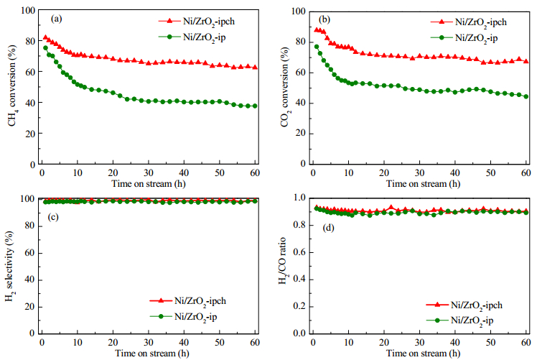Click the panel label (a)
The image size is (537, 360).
tap(57, 19)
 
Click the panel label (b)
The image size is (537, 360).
tap(324, 19)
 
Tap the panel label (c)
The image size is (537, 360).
tap(52, 217)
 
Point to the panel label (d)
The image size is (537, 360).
tap(328, 228)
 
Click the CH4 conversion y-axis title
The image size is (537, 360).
tap(13, 86)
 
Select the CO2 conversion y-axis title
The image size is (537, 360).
tap(285, 87)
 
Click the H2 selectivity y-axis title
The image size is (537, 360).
tap(10, 266)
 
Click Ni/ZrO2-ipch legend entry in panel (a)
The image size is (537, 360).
tap(197, 22)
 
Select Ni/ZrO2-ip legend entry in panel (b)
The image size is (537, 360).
tap(464, 38)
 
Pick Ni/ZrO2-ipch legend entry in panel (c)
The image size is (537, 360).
tap(187, 301)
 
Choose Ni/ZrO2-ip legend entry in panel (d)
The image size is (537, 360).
tap(459, 320)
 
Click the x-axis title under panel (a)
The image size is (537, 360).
tap(149, 184)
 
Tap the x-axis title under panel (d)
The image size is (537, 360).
tap(424, 353)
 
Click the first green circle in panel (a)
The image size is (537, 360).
tap(45, 48)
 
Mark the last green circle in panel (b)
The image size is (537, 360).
tap(526, 96)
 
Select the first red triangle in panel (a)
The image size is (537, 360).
tap(45, 37)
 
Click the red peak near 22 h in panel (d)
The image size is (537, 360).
tap(391, 208)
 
